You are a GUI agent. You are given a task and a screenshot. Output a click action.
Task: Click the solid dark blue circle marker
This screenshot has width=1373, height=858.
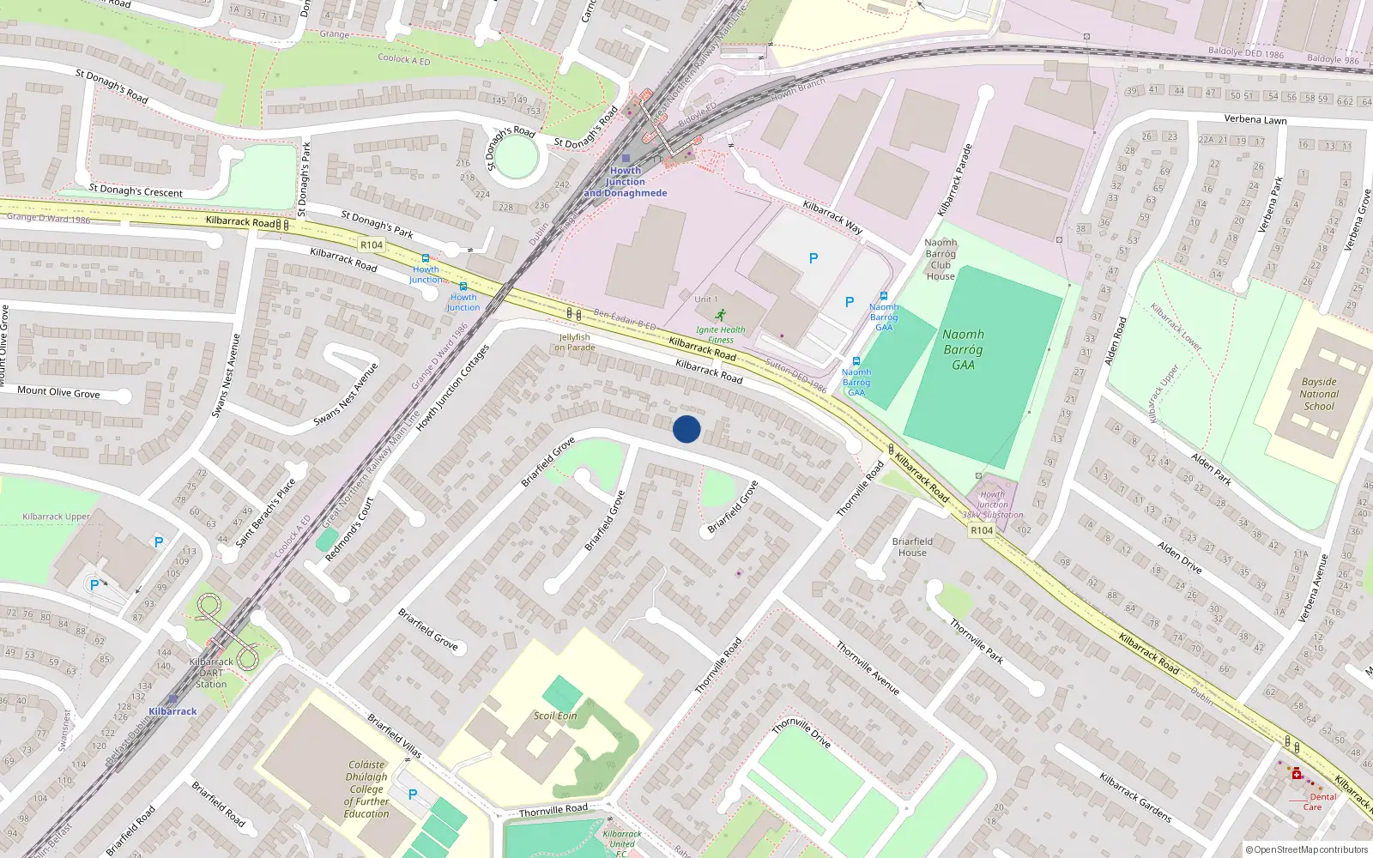point(686,429)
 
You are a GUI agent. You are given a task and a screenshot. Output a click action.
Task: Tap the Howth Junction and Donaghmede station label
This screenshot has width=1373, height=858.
point(626,182)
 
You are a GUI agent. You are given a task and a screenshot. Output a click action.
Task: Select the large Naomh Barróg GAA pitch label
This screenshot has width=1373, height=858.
point(963,349)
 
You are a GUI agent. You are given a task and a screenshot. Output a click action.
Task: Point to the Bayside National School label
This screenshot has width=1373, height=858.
point(1319,394)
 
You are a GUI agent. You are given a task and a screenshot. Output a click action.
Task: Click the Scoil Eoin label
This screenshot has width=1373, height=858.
point(555,716)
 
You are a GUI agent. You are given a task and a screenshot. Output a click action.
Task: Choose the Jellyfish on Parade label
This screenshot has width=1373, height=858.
point(575,342)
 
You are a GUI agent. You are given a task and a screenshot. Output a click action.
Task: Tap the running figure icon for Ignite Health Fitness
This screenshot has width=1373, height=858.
point(720,315)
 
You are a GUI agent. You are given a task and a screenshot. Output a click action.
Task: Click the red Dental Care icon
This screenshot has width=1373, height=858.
point(1297,774)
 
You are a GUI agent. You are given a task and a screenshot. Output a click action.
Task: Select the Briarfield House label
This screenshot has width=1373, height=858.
point(912,547)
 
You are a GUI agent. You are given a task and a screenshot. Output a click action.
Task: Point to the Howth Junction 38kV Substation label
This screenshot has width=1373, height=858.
point(993,505)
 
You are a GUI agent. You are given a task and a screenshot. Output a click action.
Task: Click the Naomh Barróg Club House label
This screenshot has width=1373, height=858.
point(941,259)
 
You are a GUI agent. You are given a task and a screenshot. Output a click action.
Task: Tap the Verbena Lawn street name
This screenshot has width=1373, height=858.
point(1255,120)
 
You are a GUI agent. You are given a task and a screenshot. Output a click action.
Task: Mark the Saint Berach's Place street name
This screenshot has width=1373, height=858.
point(266,512)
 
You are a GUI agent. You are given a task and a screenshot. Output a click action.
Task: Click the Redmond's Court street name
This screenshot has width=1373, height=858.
point(350,529)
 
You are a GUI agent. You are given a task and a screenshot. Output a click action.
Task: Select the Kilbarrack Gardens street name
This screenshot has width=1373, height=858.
point(1135,796)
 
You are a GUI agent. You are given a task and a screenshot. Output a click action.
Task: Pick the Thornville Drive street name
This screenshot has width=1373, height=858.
point(801,733)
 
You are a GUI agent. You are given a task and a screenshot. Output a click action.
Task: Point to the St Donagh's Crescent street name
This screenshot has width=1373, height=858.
point(136,190)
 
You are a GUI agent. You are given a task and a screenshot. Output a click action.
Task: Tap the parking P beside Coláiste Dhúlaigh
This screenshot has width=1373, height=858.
point(413,795)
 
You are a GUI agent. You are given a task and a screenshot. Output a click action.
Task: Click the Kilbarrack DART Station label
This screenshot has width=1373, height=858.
point(211,673)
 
